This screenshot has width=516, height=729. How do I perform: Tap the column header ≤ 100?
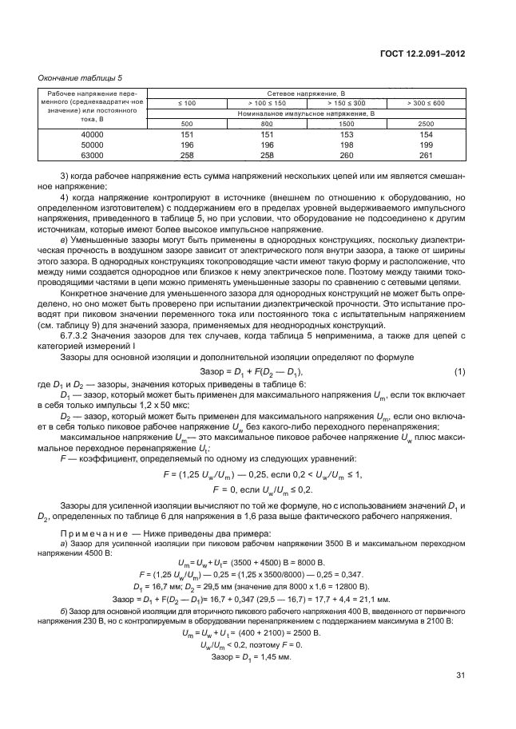(187, 103)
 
